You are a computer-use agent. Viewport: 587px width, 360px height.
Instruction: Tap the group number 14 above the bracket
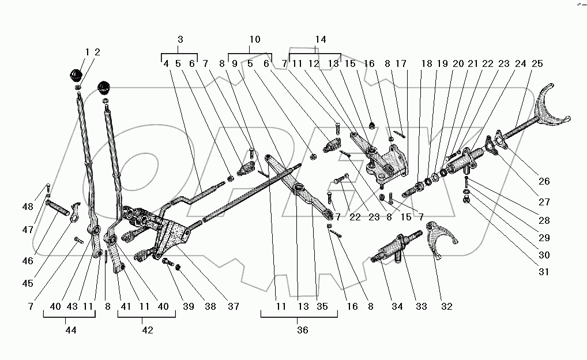(321, 40)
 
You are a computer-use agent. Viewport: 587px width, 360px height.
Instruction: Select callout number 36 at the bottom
(302, 330)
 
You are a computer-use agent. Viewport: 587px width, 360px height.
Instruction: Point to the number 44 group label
(71, 330)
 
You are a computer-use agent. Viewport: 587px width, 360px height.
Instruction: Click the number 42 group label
(148, 330)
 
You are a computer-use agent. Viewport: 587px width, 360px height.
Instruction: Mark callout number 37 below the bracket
(233, 306)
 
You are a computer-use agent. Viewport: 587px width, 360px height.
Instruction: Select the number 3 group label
(180, 40)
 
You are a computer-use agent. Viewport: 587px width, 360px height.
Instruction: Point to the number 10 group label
(254, 40)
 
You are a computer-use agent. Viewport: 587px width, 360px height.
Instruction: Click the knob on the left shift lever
(76, 76)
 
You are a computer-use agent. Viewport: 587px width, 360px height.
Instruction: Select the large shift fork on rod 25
(551, 110)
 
